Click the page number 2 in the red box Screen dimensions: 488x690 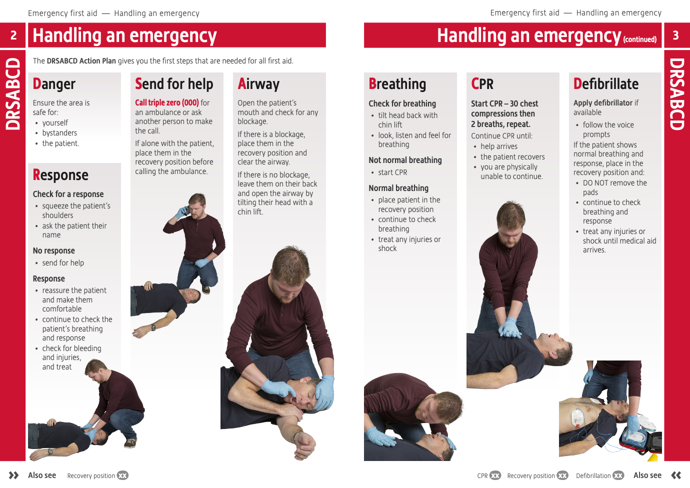click(x=13, y=35)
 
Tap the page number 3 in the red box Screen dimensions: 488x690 click(x=675, y=35)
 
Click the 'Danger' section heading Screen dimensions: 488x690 click(x=54, y=84)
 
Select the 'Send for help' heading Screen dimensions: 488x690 click(x=174, y=84)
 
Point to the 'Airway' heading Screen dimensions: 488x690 click(x=258, y=84)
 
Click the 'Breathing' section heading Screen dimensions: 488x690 click(x=397, y=84)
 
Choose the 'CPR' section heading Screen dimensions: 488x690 click(x=482, y=84)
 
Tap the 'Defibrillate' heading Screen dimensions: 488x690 click(x=606, y=84)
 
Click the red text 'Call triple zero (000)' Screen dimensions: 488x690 click(x=167, y=102)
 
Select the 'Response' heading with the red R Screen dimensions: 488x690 click(x=60, y=175)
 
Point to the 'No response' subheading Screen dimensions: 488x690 click(x=53, y=250)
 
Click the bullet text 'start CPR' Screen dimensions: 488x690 click(x=392, y=172)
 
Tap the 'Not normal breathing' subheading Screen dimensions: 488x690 click(x=405, y=160)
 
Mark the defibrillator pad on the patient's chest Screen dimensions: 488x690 click(x=577, y=417)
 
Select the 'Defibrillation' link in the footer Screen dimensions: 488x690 click(x=593, y=475)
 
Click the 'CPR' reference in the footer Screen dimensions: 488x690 click(x=482, y=475)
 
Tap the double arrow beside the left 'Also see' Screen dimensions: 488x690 click(x=14, y=475)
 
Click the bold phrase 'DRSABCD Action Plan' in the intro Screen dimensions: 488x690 click(x=81, y=61)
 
